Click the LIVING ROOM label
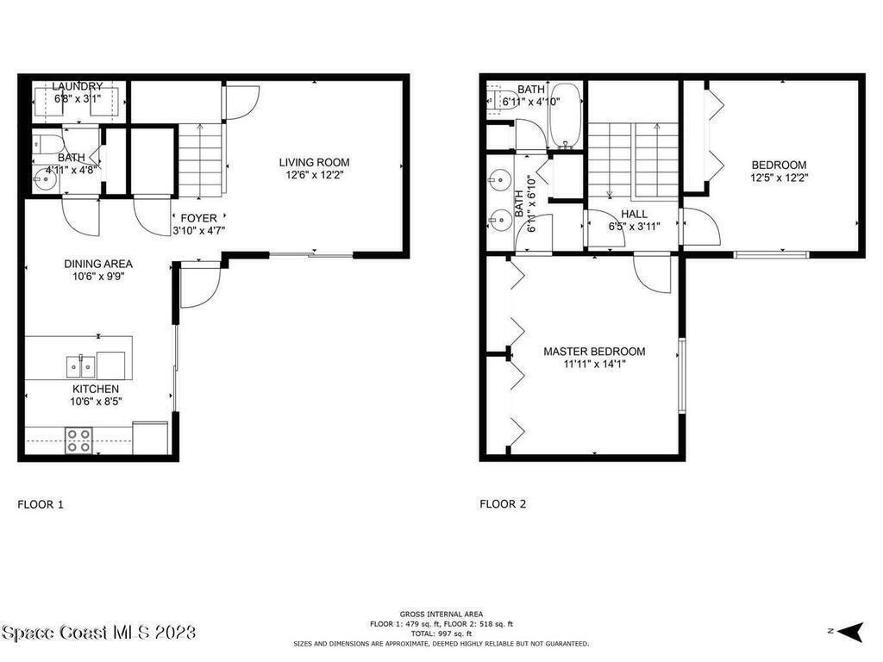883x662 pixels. (314, 163)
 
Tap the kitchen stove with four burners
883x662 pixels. (78, 440)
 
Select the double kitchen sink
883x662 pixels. (81, 367)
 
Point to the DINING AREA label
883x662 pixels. (98, 264)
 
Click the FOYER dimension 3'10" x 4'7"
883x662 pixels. (199, 230)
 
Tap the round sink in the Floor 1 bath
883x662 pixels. (44, 180)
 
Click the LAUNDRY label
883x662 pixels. (78, 86)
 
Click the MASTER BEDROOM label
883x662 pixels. (594, 352)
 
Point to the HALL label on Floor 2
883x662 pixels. (634, 215)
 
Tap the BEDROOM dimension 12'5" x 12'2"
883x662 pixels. (779, 178)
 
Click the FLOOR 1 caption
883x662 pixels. (41, 504)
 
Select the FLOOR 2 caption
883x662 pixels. (503, 504)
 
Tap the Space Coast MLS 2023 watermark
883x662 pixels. (98, 632)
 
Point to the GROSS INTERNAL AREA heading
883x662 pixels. (441, 614)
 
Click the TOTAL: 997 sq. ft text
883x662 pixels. (441, 634)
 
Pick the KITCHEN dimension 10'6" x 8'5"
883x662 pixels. (96, 402)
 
